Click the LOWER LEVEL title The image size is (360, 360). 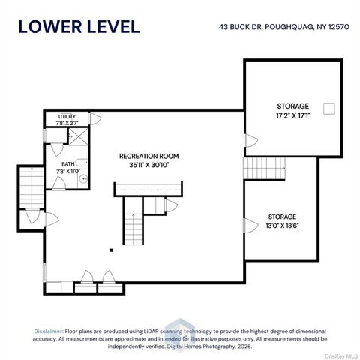coord(79,27)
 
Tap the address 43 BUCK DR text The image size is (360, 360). coord(241,27)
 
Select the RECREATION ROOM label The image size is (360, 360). coord(149,156)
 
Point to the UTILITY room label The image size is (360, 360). coord(67,116)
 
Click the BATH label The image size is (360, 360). coord(68,164)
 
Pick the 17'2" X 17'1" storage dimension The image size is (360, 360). coord(293,115)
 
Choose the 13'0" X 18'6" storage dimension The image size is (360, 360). coord(282,226)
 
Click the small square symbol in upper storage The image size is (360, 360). coord(329,109)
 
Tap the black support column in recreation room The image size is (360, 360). coord(111,250)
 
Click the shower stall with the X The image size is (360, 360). coord(79,136)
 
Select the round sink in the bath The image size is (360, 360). coord(83,178)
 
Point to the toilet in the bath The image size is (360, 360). coord(82,163)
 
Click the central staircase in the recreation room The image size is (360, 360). coord(133,221)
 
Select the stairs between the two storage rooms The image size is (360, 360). coord(265,168)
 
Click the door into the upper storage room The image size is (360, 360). coord(251,141)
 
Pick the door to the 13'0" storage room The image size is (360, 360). coord(250,226)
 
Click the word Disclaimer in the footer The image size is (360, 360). coord(49,331)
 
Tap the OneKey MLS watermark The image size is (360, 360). coord(340,356)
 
